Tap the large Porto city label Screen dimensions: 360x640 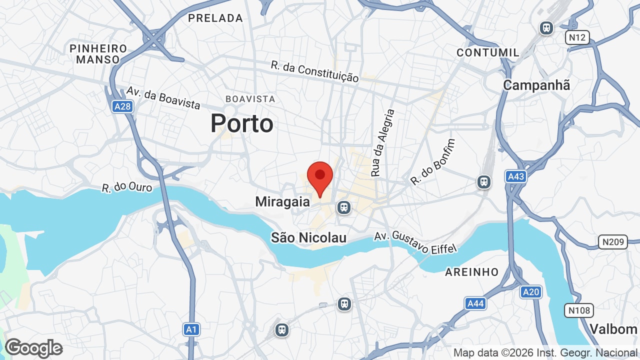[242, 123]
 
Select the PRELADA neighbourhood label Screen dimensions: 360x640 [215, 18]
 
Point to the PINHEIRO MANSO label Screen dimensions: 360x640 [98, 54]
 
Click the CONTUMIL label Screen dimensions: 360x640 [488, 52]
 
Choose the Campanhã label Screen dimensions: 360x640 [536, 85]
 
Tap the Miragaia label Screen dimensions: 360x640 [282, 202]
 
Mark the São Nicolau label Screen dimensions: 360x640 [308, 238]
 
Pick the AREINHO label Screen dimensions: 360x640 [472, 272]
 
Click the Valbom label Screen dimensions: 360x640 [613, 329]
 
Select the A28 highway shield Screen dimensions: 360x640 [122, 106]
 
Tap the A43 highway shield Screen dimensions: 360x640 [515, 176]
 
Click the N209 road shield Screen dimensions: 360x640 [612, 242]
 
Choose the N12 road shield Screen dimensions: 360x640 [577, 37]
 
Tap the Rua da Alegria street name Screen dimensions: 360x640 [383, 143]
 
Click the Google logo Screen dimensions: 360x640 [33, 348]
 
